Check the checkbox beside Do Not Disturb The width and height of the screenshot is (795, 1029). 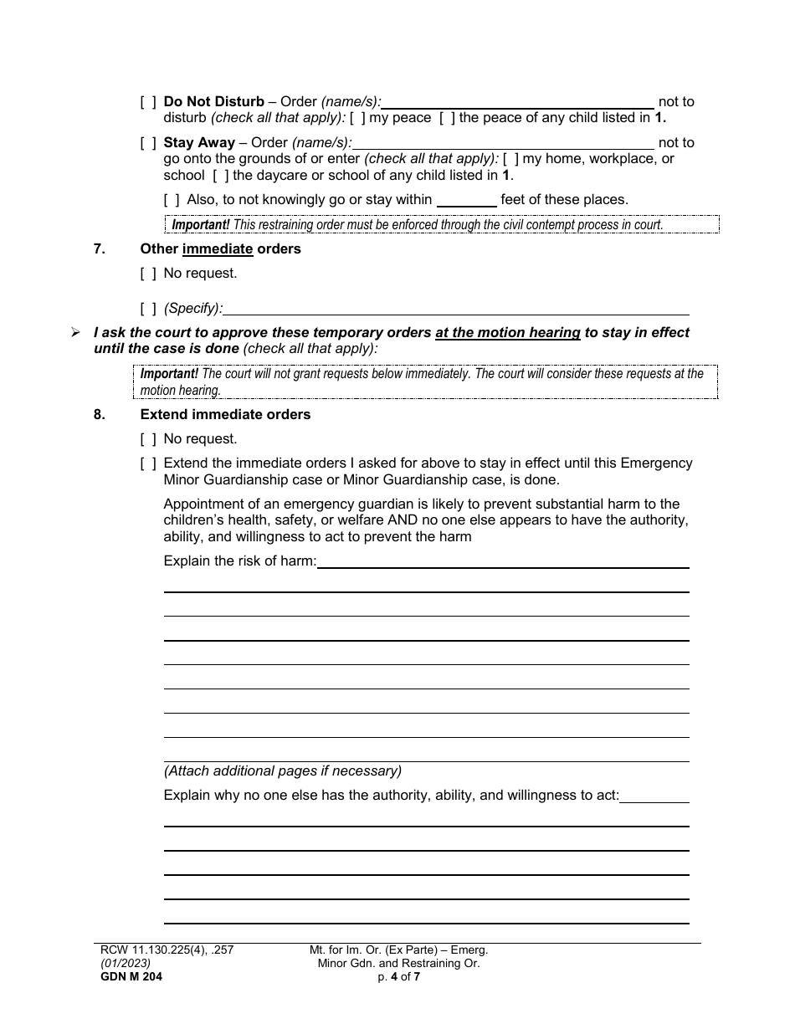point(148,102)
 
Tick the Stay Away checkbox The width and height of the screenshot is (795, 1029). point(148,143)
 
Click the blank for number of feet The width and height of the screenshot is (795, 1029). point(466,200)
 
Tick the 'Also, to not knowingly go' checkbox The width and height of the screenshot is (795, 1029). point(172,200)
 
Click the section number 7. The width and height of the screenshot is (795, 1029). point(99,249)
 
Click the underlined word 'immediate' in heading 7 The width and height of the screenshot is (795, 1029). point(218,249)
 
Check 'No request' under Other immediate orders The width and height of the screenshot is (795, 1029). point(148,274)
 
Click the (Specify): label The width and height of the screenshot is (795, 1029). point(193,309)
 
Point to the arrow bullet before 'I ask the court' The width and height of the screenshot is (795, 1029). point(75,333)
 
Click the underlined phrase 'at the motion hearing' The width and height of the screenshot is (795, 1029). point(508,333)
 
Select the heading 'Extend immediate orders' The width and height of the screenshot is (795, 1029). point(225,415)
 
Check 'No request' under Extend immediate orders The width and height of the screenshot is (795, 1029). point(148,439)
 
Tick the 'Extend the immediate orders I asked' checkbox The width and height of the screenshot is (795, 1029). point(148,463)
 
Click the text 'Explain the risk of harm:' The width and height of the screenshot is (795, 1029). point(239,561)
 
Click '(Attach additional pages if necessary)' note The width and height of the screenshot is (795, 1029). point(282,771)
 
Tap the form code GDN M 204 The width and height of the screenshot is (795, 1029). point(128,975)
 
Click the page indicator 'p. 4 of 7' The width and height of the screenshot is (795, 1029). point(398,975)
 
